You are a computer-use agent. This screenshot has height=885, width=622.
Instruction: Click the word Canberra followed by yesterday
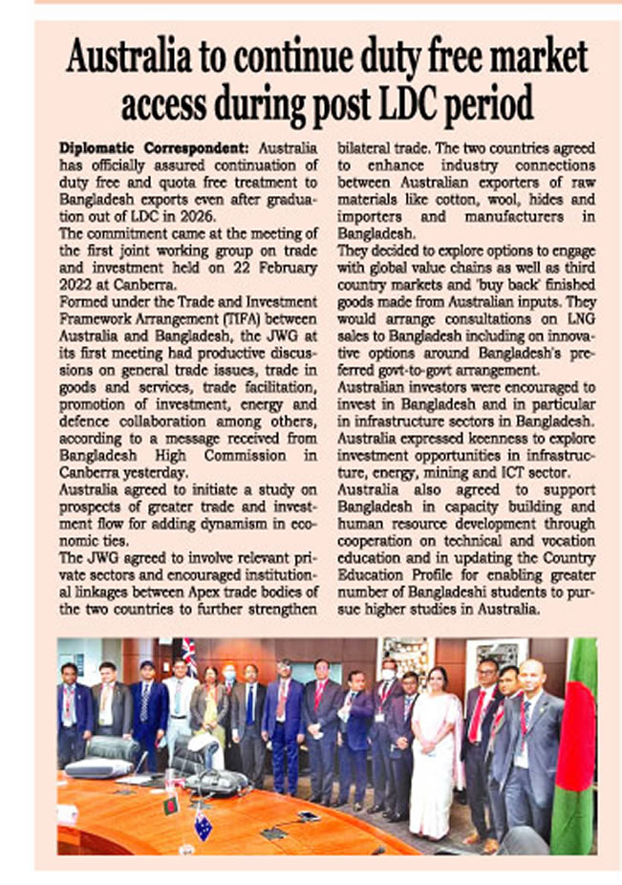tap(91, 472)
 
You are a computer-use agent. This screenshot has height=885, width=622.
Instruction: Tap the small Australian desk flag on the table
tap(204, 825)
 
